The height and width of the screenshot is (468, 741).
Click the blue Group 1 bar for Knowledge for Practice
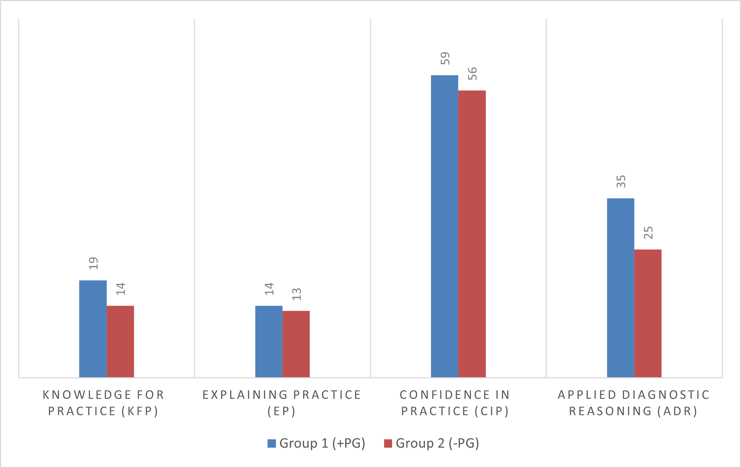[93, 329]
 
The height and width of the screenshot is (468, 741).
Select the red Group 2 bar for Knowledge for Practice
[120, 341]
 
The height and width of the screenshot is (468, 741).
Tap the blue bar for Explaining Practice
[269, 341]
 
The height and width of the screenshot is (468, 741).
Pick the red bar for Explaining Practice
[296, 344]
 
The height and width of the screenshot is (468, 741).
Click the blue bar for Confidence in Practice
[444, 226]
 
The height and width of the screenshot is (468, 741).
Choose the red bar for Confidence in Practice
[472, 234]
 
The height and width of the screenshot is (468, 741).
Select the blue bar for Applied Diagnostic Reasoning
[620, 288]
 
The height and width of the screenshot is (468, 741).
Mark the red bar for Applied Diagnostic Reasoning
[648, 313]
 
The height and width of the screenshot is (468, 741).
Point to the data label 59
[445, 58]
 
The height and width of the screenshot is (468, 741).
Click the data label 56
[472, 74]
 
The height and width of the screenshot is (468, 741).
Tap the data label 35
[621, 182]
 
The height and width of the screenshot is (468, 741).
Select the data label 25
[648, 233]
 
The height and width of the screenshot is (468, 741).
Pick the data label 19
[93, 263]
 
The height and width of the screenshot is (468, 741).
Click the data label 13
[297, 294]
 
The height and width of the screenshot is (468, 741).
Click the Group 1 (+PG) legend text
[322, 443]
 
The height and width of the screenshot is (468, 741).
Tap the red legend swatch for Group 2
[388, 443]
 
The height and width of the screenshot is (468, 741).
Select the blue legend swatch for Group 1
[272, 443]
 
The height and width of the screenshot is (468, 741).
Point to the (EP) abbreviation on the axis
[281, 411]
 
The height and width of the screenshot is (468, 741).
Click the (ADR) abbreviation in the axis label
[677, 411]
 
